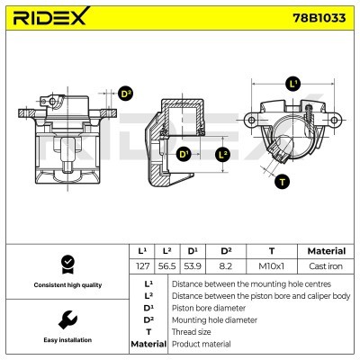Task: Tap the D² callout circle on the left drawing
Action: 126,93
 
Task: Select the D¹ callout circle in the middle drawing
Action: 184,155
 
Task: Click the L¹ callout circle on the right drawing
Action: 292,85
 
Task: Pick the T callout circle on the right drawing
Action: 283,182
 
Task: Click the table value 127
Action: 141,267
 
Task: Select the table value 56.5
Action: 166,267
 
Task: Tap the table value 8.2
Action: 227,267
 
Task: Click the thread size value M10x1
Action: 270,267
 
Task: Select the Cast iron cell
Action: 326,267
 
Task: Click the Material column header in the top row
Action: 326,251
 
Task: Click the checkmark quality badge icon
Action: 66,264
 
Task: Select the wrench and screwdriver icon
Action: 66,319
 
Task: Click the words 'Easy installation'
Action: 66,341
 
